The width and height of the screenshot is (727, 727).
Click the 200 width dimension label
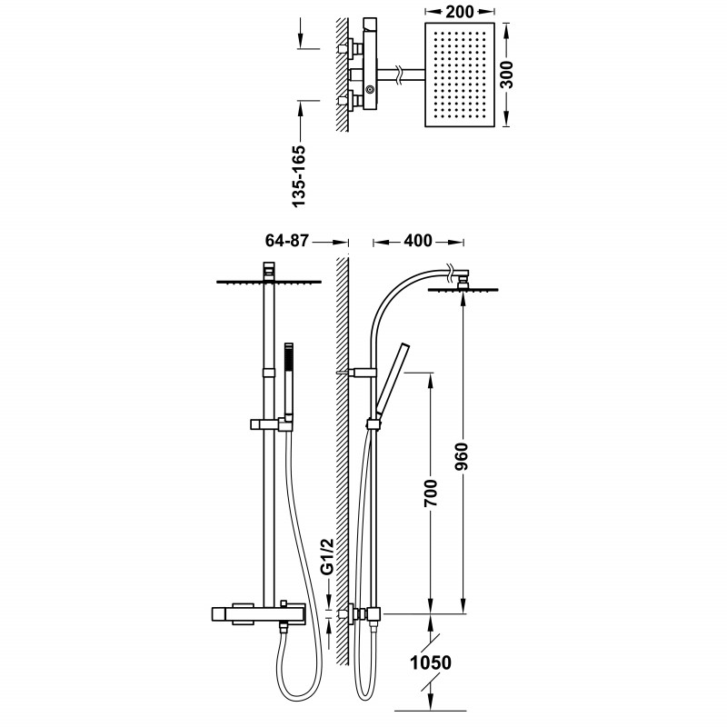tap(460, 12)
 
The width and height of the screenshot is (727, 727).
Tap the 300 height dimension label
tap(507, 75)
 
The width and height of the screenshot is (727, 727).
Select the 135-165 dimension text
tap(299, 176)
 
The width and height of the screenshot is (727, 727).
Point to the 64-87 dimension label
tap(286, 240)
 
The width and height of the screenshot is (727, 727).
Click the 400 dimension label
tap(418, 241)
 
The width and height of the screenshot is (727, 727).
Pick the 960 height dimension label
tap(462, 457)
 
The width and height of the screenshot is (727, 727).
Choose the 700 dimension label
tap(431, 493)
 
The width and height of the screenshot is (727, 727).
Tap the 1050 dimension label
tap(431, 662)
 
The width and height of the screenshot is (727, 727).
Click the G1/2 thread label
tap(328, 556)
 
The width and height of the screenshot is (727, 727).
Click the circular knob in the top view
tap(370, 88)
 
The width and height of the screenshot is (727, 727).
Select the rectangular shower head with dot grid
tap(460, 75)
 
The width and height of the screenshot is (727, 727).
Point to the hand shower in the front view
tap(289, 380)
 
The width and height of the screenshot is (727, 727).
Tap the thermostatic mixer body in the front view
tap(258, 614)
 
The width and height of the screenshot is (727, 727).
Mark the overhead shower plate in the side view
tap(463, 290)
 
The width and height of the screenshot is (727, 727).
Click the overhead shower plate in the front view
tap(269, 282)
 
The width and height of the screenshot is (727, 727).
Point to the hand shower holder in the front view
tap(272, 424)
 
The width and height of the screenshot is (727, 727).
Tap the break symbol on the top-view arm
tap(398, 76)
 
